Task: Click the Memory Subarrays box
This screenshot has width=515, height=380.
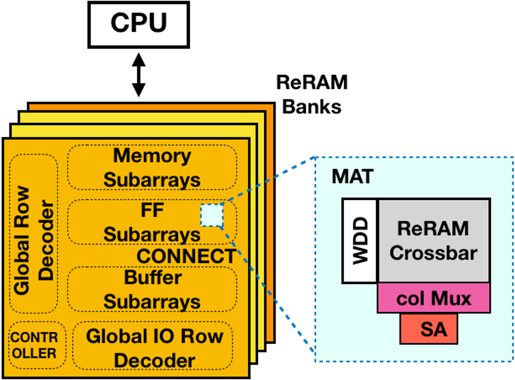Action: (152, 168)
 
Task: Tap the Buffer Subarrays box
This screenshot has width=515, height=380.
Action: (152, 290)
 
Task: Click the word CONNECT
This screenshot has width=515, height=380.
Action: (186, 256)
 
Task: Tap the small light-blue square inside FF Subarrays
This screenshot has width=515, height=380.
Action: (212, 215)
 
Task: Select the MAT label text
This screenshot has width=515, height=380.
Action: (352, 177)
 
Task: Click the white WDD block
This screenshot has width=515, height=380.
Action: (359, 241)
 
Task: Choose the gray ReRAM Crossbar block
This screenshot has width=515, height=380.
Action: (433, 241)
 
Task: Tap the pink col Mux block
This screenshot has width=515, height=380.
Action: (433, 298)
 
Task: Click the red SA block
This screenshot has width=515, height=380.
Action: (429, 329)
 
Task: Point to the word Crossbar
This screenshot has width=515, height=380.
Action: (433, 253)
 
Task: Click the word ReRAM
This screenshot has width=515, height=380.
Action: (433, 229)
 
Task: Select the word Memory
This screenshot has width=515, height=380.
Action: (152, 156)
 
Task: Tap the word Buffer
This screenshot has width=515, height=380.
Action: (153, 278)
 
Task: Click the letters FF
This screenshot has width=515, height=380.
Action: (152, 210)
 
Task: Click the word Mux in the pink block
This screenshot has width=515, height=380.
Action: (451, 298)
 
